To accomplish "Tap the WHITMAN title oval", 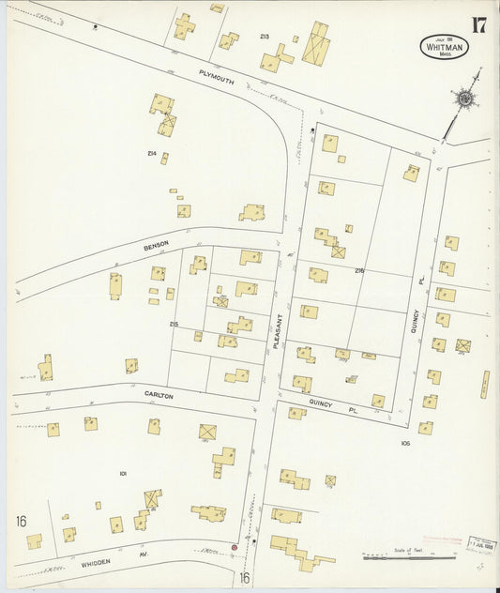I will (x=444, y=47).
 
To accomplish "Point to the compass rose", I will (x=464, y=98).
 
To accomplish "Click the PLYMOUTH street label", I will (x=216, y=80).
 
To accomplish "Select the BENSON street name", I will (x=157, y=245).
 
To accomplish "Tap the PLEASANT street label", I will (x=277, y=331).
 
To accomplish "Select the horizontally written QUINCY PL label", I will (x=322, y=410).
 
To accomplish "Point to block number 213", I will (x=265, y=37).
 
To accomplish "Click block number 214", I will (x=151, y=153).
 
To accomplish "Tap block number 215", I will (x=174, y=325).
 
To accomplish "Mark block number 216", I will (x=358, y=270).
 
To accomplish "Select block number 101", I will (x=123, y=474).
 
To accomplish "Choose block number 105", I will (x=405, y=442).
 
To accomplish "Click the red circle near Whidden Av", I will (x=235, y=547).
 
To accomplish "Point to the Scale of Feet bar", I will (x=409, y=557).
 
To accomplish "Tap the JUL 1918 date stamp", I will (x=482, y=545).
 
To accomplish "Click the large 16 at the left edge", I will (x=22, y=521).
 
